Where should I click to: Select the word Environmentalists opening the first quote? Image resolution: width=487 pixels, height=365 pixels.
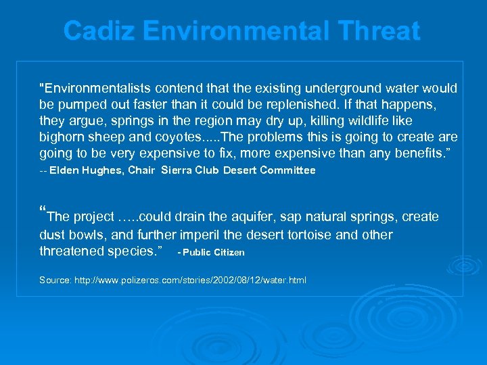[x=95, y=89]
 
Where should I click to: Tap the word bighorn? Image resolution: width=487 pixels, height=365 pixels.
[x=62, y=138]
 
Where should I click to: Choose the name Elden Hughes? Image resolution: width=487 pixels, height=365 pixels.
[x=87, y=171]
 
